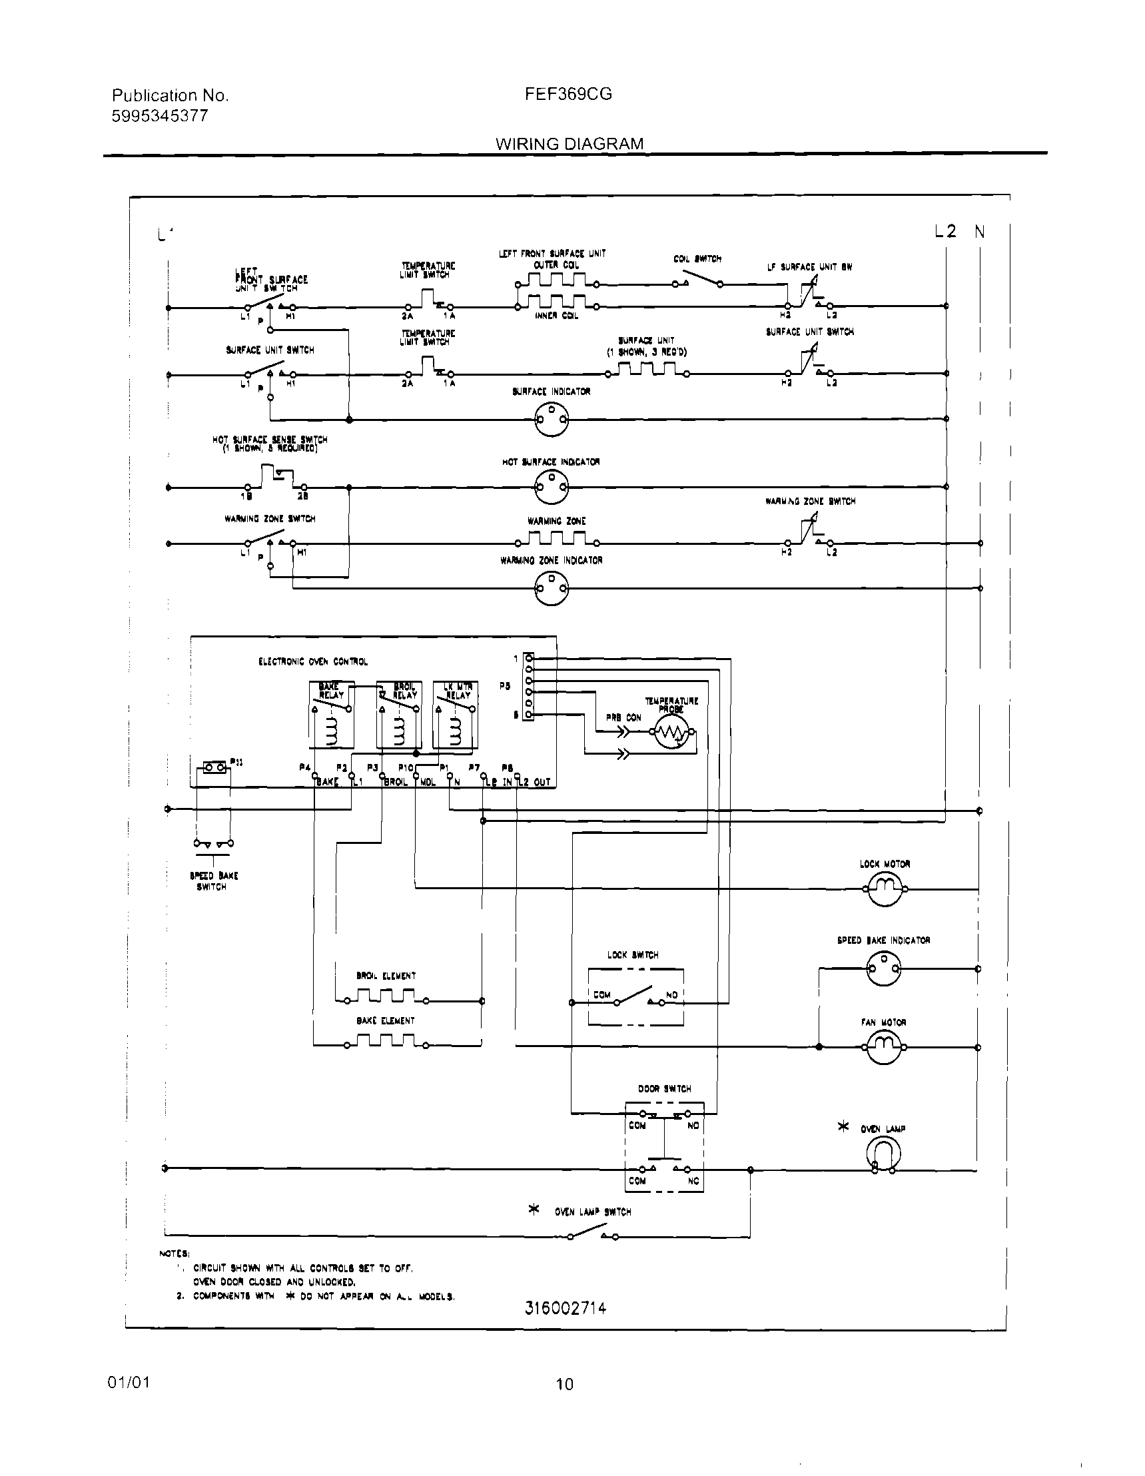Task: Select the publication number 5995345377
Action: [159, 116]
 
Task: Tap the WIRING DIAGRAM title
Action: [569, 144]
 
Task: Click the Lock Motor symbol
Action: [884, 888]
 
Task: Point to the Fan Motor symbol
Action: [884, 1047]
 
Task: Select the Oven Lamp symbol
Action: [883, 1153]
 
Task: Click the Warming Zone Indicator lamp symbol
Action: [552, 588]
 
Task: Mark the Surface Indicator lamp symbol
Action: [552, 420]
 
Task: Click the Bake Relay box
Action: [331, 714]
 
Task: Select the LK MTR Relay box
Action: [456, 714]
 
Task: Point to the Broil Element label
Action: [386, 976]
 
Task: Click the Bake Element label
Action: [385, 1020]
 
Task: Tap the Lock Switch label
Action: [633, 955]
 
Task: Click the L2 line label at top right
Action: [945, 232]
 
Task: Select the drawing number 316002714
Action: [565, 1307]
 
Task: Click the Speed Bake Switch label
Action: [213, 881]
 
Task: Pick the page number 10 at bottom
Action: [564, 1385]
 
